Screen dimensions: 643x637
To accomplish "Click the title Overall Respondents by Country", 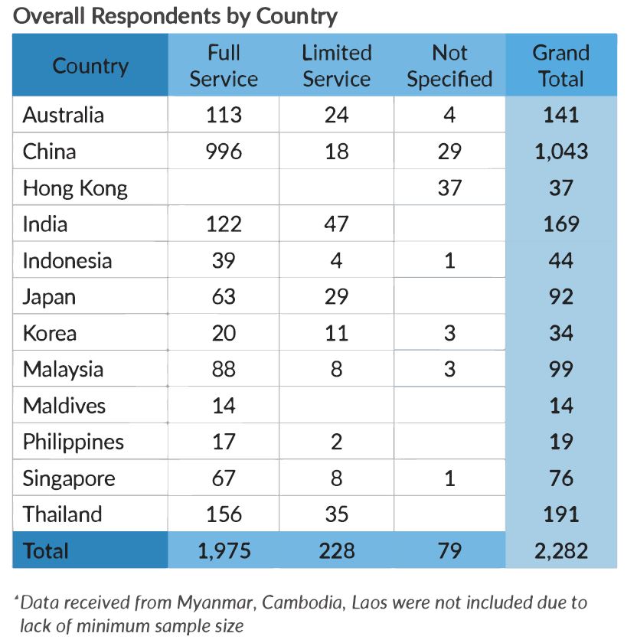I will (x=175, y=15).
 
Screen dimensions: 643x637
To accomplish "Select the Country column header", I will (x=90, y=66).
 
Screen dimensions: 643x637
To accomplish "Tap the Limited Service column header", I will (x=336, y=66).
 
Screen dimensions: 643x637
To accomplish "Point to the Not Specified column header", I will (x=449, y=66).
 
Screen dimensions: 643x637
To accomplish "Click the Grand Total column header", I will (x=560, y=66).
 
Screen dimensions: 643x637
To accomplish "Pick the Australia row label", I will (x=64, y=115).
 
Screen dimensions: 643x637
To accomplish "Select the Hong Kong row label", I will (x=75, y=188).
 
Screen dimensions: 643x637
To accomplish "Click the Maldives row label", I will (x=64, y=406).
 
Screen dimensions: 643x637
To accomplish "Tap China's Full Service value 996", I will (x=224, y=152).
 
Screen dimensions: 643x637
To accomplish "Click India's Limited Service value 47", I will (x=336, y=224).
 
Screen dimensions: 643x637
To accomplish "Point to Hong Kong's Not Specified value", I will (x=449, y=188).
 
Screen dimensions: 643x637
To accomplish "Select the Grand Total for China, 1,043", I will (x=560, y=152).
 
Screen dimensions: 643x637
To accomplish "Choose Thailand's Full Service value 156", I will (x=224, y=514).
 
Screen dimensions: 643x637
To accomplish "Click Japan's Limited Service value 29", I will (x=336, y=296).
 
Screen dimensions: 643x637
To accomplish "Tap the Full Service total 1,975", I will (x=224, y=551).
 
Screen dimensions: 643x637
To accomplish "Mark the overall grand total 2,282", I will (x=560, y=551).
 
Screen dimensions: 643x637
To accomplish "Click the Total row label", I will (x=46, y=551).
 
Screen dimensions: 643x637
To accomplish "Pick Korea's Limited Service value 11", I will (x=336, y=333).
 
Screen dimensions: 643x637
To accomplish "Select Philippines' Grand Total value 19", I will (x=560, y=442).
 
